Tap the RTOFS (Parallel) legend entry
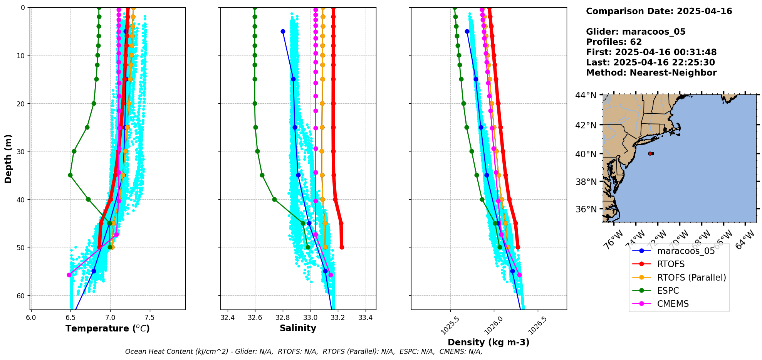click(691, 278)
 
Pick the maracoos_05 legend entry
click(686, 251)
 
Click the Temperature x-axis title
click(107, 328)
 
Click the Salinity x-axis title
click(298, 328)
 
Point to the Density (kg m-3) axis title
click(488, 342)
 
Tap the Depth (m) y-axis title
click(8, 158)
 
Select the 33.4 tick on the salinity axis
click(365, 318)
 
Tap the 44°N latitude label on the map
click(586, 95)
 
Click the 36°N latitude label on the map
click(586, 209)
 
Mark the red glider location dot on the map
click(650, 153)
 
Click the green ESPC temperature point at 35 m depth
click(70, 175)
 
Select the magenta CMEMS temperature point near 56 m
click(69, 275)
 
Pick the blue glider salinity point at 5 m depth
click(283, 31)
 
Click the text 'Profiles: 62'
click(614, 42)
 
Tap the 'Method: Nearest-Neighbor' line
click(651, 73)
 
